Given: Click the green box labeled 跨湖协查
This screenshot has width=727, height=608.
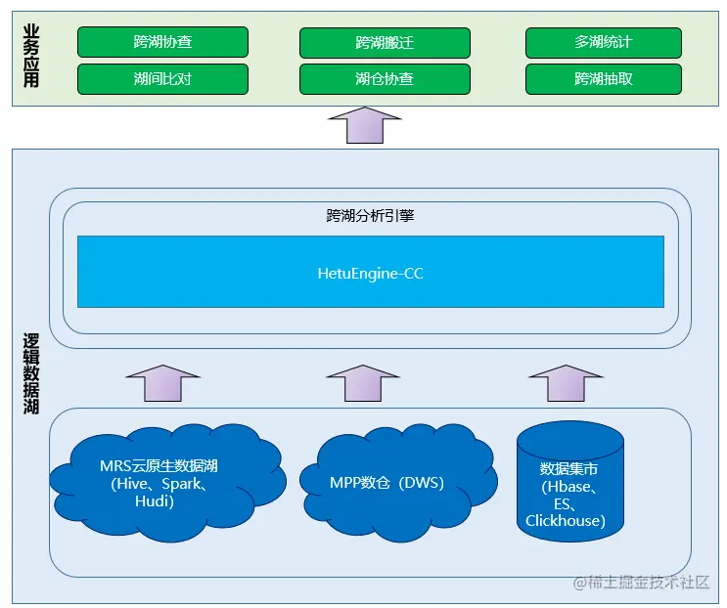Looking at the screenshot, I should click(162, 42).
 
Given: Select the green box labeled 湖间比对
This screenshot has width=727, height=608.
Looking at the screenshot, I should click(162, 79).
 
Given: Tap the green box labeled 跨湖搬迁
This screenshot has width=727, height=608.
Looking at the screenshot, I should click(385, 43).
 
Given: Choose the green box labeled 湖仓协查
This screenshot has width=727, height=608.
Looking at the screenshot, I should click(385, 79).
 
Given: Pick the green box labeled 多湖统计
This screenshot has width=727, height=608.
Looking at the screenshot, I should click(603, 42).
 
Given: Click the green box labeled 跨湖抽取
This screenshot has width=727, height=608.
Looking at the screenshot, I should click(603, 79).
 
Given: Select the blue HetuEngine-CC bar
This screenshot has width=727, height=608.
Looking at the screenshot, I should click(370, 273).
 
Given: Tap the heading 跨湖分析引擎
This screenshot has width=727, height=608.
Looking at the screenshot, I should click(370, 215).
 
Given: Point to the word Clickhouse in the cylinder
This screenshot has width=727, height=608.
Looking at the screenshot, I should click(566, 521).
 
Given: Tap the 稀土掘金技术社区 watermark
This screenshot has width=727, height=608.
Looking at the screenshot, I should click(642, 582).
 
